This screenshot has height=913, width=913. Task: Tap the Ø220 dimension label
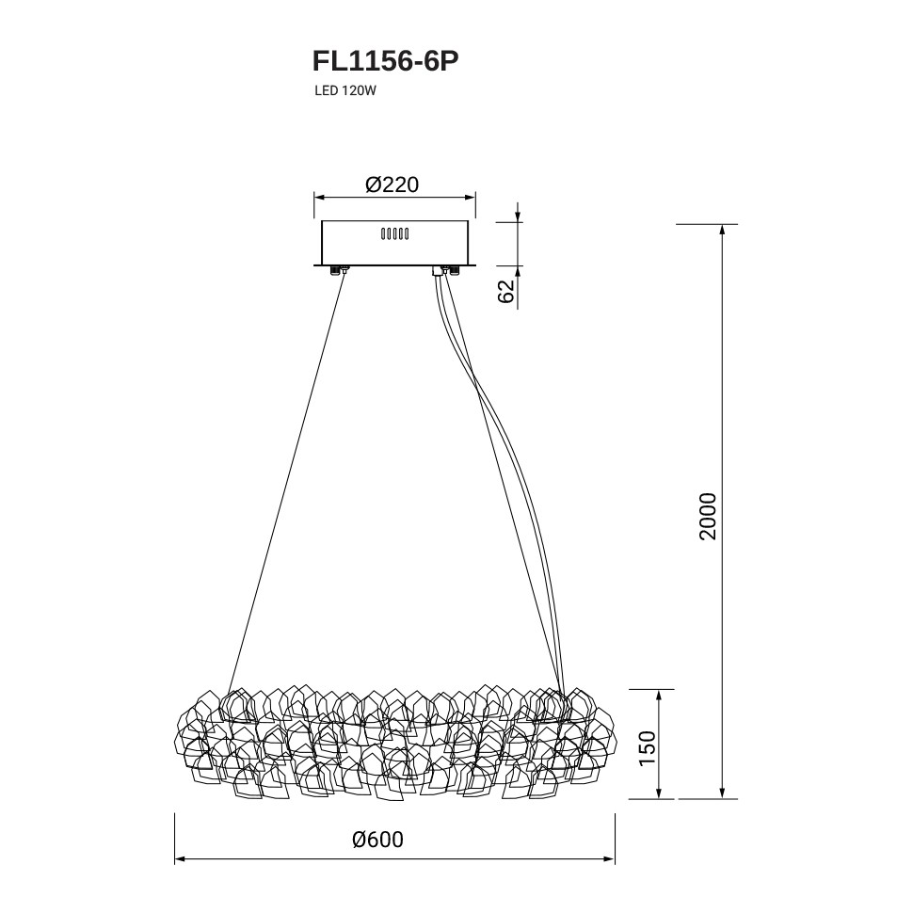tap(392, 184)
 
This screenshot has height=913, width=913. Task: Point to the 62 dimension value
tap(506, 291)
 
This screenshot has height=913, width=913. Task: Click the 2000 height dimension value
tap(708, 517)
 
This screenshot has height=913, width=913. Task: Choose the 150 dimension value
tap(647, 748)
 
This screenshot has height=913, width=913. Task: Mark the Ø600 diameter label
tap(377, 840)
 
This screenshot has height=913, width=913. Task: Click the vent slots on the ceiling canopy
tap(394, 234)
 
